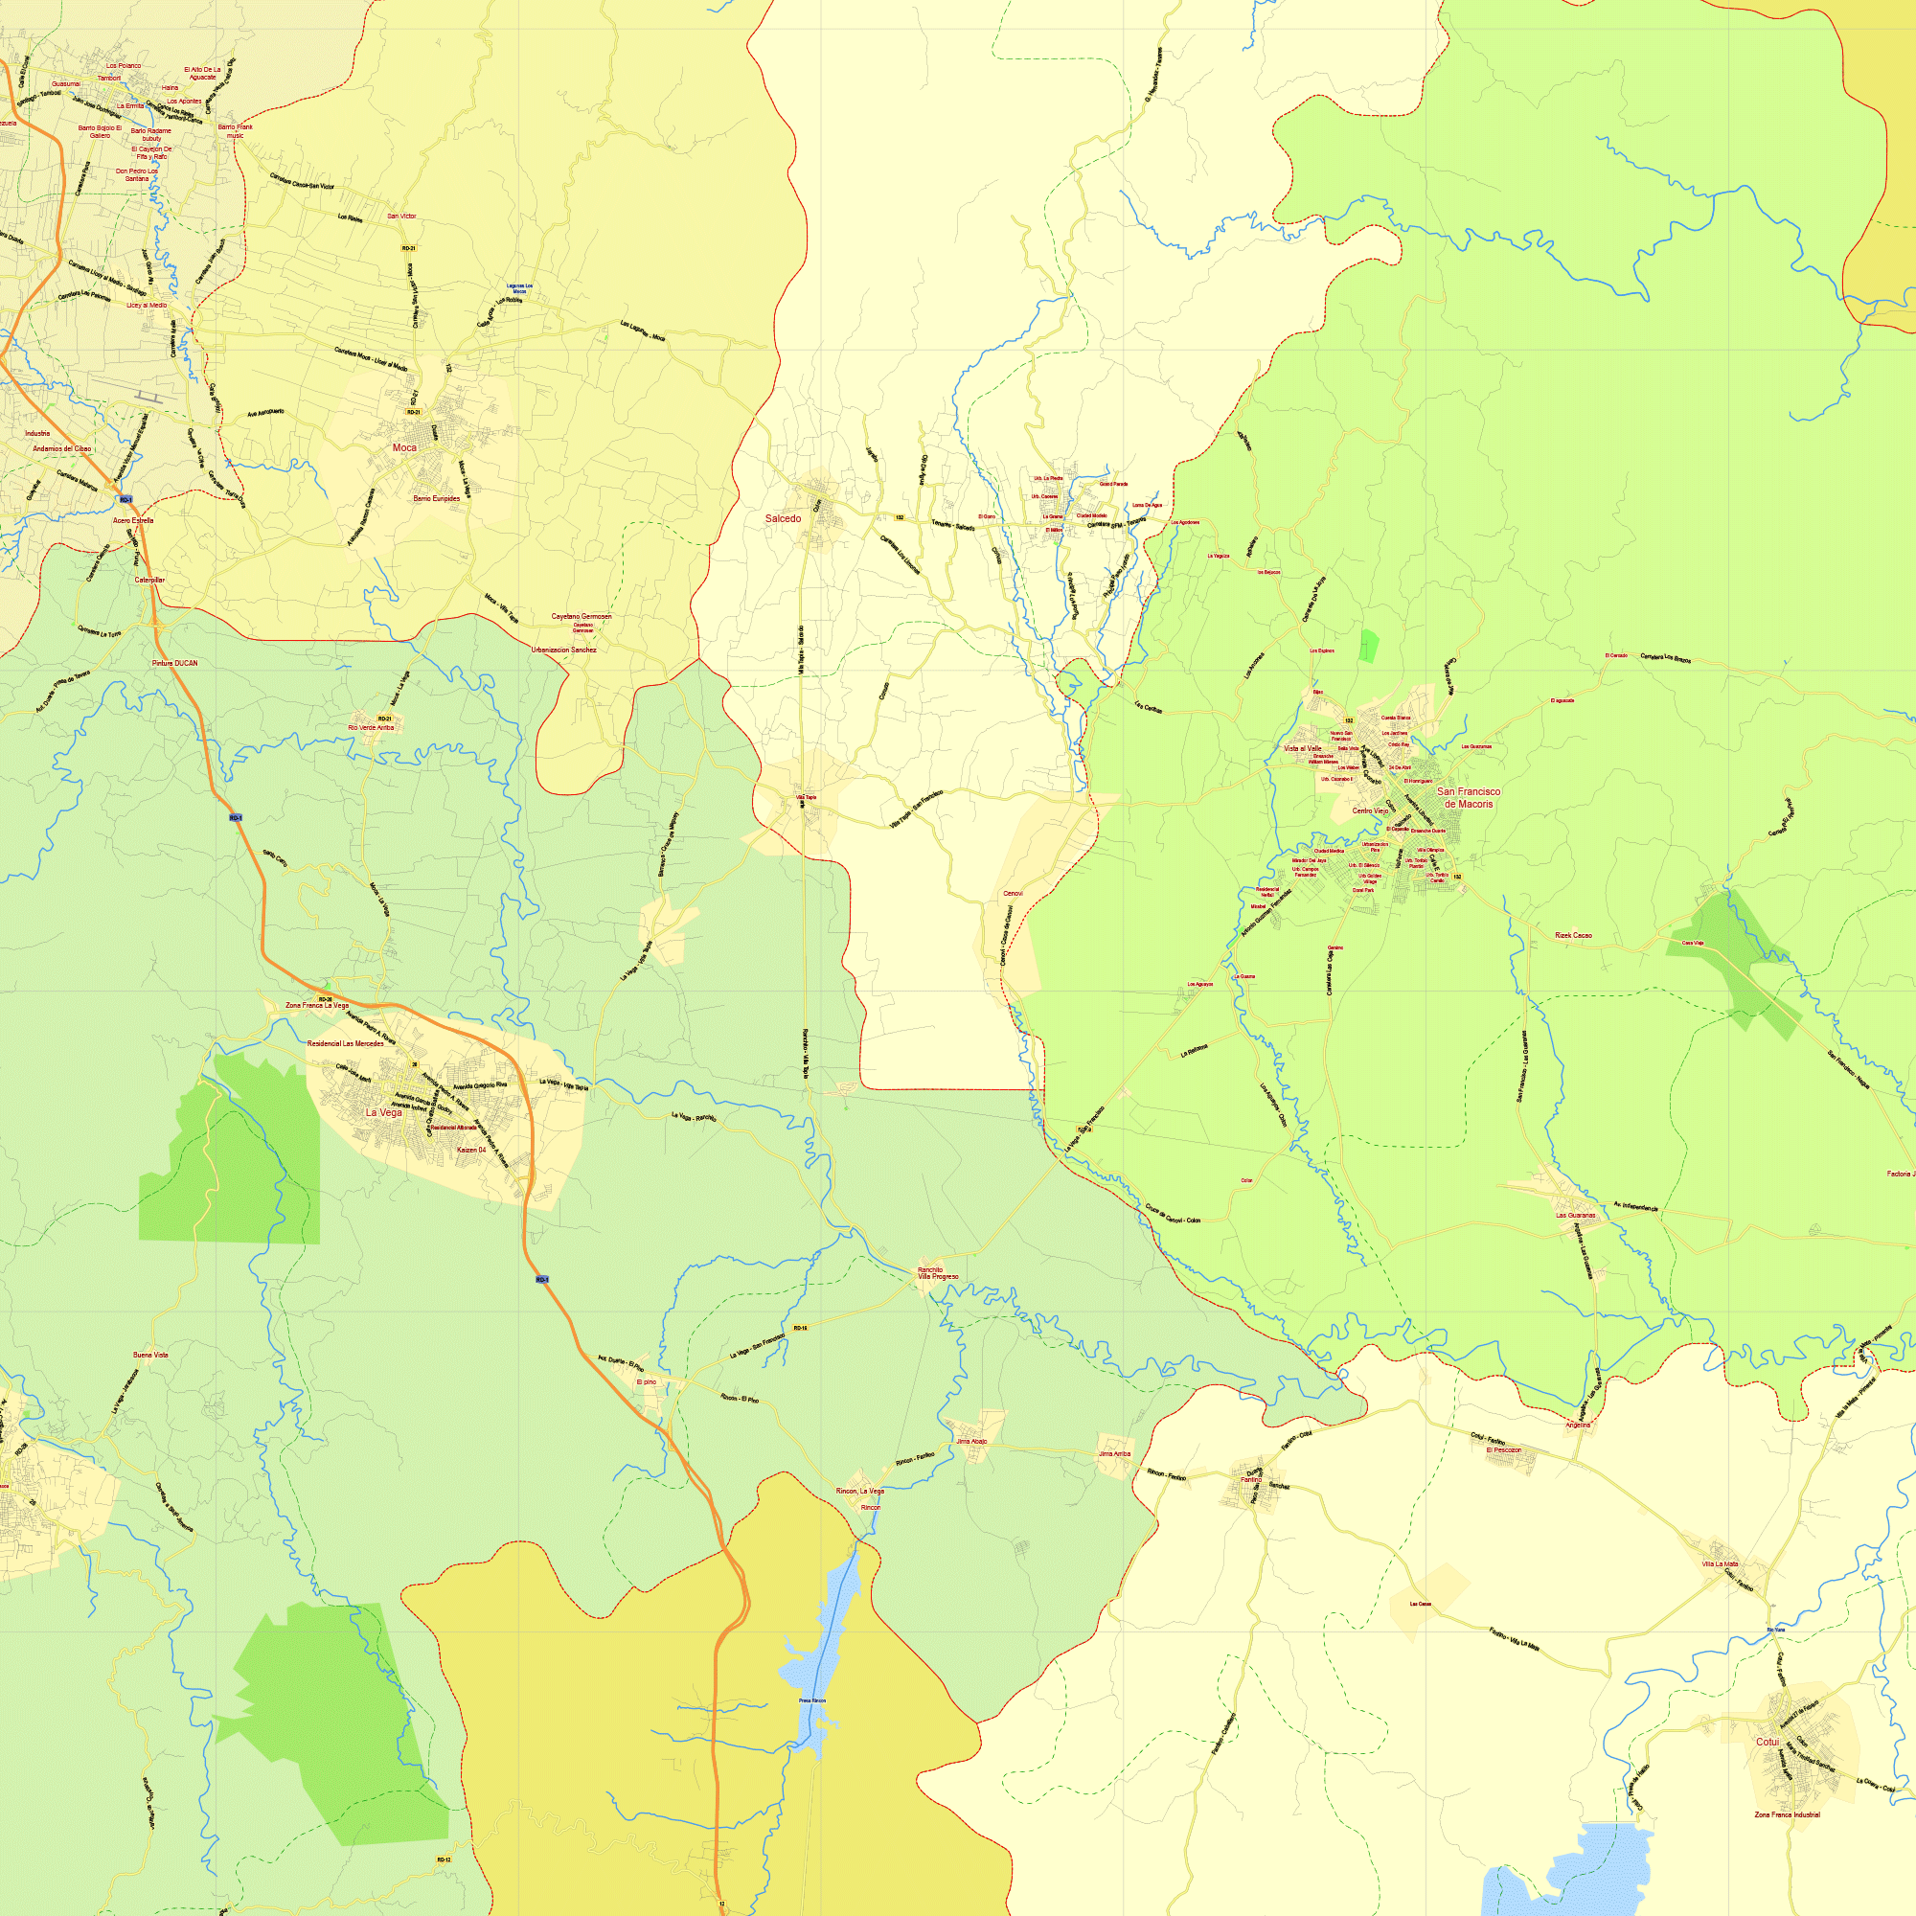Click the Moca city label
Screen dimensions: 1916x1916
coord(404,447)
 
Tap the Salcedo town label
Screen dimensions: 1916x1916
coord(783,518)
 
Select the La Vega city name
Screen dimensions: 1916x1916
coord(384,1112)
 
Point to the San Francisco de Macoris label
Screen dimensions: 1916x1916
coord(1469,797)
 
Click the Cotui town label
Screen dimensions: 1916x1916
coord(1768,1742)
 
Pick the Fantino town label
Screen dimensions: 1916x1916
coord(1251,1480)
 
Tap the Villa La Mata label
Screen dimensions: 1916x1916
coord(1720,1564)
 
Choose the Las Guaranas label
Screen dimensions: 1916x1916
coord(1576,1215)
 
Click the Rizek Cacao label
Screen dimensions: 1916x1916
coord(1573,935)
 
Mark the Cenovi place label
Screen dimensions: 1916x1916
coord(1013,894)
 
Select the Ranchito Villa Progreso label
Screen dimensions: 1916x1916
coord(937,1273)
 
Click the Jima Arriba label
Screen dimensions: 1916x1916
coord(1115,1454)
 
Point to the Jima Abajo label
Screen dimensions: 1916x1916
coord(970,1441)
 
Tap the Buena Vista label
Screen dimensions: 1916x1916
coord(150,1355)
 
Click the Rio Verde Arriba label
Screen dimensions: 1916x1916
coord(371,727)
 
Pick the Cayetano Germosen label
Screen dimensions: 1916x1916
coord(582,616)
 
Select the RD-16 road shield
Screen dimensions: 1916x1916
coord(800,1328)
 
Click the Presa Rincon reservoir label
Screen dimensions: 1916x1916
coord(812,1700)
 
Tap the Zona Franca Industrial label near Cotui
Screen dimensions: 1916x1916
coord(1787,1814)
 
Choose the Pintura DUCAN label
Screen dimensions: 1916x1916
coord(174,664)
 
